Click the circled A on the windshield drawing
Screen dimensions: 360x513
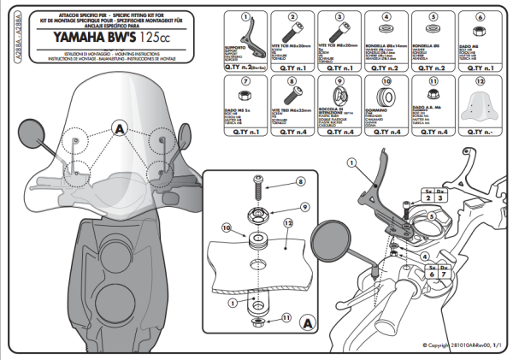pyautogui.click(x=119, y=128)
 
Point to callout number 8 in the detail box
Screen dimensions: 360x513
pyautogui.click(x=300, y=182)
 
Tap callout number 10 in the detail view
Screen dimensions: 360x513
pyautogui.click(x=227, y=228)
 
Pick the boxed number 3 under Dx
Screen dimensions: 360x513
pyautogui.click(x=442, y=197)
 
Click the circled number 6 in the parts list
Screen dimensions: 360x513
pyautogui.click(x=481, y=16)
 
